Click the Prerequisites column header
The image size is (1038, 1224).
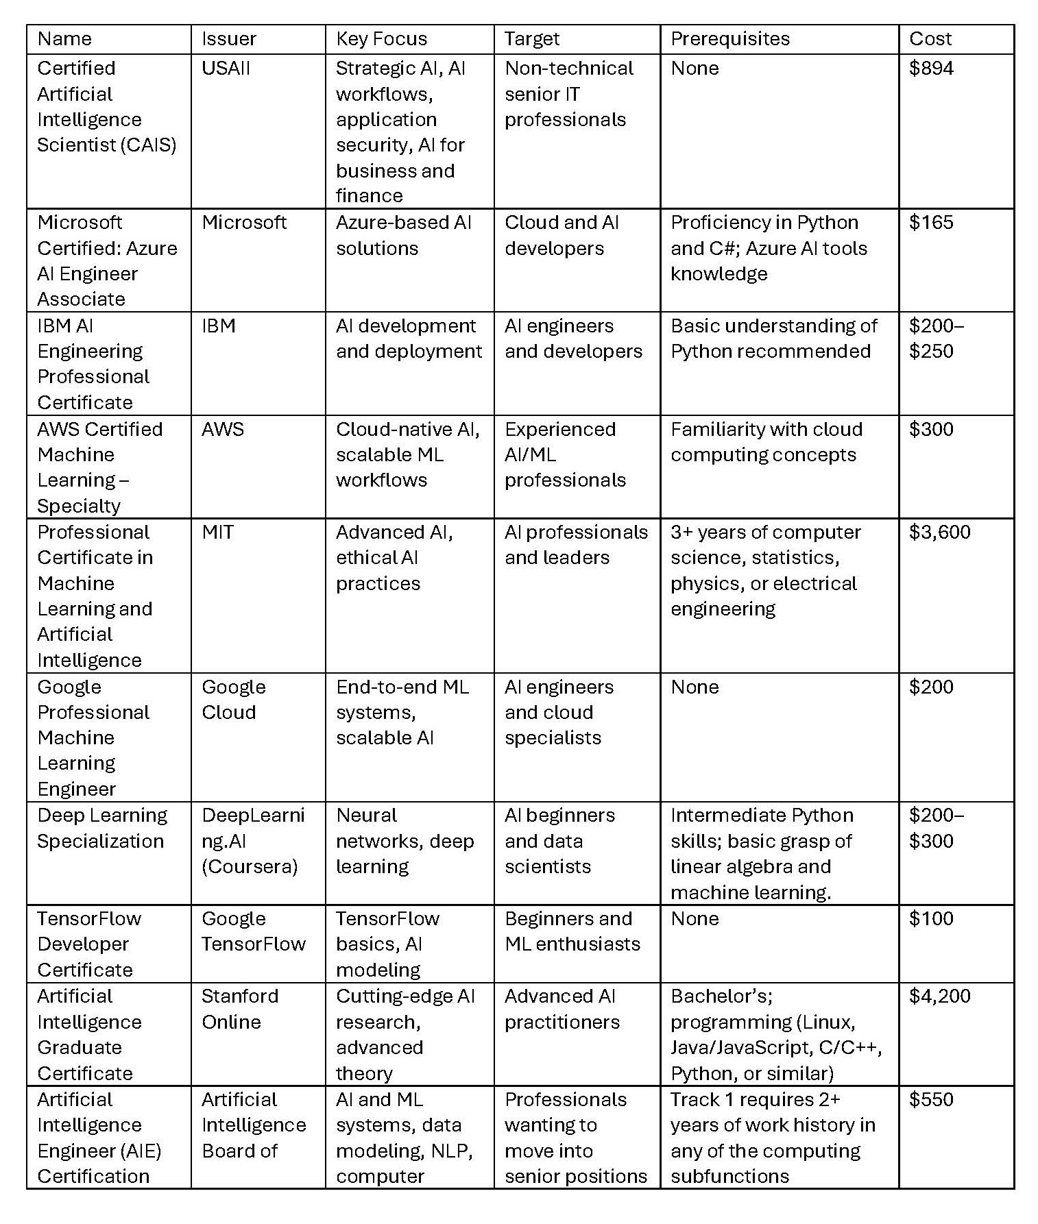729,39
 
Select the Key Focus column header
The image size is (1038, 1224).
381,39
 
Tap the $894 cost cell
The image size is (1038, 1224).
931,69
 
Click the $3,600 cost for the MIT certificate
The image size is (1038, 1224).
939,533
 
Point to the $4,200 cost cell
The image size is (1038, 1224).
939,996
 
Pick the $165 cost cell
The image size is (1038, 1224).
931,223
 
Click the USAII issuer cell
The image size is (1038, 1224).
226,69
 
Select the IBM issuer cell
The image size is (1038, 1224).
219,326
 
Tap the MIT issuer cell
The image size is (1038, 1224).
217,533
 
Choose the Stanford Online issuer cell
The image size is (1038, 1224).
239,1009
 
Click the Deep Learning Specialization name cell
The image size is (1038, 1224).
101,828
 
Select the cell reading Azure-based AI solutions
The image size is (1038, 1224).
403,235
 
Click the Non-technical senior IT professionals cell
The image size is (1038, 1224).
568,94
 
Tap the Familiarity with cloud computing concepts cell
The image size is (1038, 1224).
766,442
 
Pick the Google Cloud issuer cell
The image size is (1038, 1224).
233,699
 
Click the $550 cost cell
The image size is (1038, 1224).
931,1100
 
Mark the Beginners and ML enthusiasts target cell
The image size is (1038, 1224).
572,931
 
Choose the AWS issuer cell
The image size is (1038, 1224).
222,430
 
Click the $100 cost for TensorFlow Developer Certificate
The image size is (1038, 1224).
931,919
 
